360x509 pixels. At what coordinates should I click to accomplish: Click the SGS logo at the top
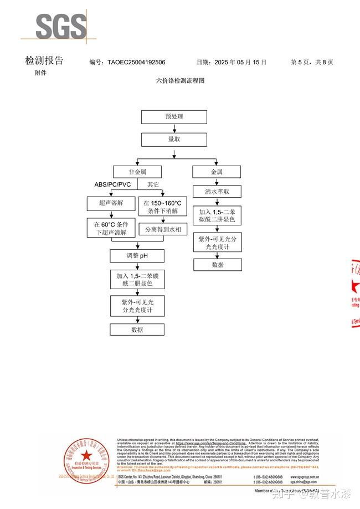[x=61, y=26]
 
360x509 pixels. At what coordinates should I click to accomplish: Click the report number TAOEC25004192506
[x=136, y=63]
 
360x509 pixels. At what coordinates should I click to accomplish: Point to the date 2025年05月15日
[x=241, y=63]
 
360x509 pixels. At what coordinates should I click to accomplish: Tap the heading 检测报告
[x=44, y=61]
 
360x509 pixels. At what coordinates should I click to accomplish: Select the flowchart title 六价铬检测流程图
[x=181, y=80]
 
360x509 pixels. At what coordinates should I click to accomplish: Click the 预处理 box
[x=174, y=117]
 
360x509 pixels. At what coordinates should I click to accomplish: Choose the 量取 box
[x=174, y=140]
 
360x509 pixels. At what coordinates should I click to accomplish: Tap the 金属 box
[x=217, y=172]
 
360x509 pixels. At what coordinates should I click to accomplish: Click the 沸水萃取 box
[x=217, y=192]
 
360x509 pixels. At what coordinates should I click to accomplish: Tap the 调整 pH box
[x=137, y=256]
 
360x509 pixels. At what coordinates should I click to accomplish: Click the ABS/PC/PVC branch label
[x=112, y=184]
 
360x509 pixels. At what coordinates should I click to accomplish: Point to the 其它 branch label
[x=153, y=184]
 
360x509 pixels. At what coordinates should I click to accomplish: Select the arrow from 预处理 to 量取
[x=174, y=128]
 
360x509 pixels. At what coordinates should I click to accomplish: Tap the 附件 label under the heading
[x=40, y=73]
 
